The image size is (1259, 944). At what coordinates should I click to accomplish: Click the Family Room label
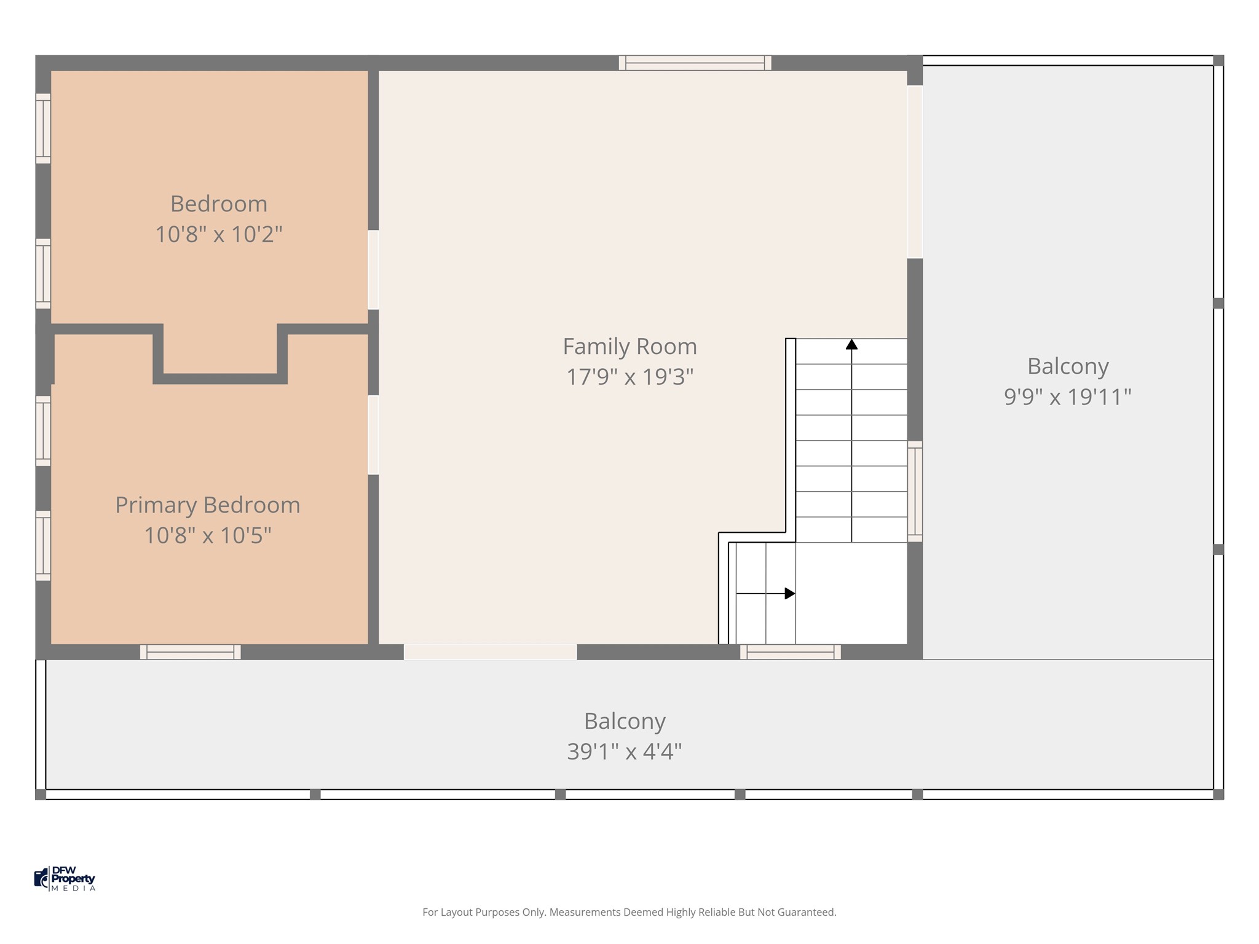(x=629, y=347)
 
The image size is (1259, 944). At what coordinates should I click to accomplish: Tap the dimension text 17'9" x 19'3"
(x=629, y=377)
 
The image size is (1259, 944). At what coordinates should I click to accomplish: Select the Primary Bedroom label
(x=208, y=506)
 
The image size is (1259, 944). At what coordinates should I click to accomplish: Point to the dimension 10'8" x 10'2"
(x=219, y=234)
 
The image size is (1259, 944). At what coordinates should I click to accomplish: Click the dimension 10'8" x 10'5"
(x=208, y=535)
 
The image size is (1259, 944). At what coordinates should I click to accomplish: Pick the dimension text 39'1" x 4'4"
(x=625, y=751)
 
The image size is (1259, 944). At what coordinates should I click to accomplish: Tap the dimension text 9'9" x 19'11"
(x=1068, y=396)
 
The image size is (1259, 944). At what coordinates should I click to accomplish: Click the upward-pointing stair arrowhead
(x=851, y=344)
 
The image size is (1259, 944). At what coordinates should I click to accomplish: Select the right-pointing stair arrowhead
(x=790, y=594)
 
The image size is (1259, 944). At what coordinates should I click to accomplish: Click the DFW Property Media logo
(x=65, y=878)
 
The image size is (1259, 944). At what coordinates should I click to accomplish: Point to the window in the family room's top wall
(x=695, y=63)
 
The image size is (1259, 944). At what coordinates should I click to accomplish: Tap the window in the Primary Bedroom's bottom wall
(x=191, y=652)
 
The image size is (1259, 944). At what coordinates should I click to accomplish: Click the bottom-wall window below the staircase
(x=791, y=652)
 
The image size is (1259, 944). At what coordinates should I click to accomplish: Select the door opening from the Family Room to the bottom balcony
(x=490, y=652)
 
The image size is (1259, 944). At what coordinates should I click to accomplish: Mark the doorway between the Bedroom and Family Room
(x=373, y=270)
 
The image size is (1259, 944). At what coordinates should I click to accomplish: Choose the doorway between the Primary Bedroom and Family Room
(x=373, y=435)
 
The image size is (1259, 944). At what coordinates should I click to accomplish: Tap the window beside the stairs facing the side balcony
(x=915, y=492)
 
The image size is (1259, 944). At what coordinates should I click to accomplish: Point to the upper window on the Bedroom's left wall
(x=43, y=128)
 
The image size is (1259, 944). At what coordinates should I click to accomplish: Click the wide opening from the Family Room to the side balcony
(x=915, y=172)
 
